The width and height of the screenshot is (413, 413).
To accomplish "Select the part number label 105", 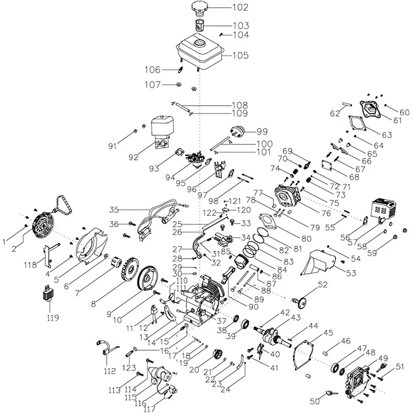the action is [x=241, y=55].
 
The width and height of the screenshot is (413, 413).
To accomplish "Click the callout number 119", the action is [x=53, y=317].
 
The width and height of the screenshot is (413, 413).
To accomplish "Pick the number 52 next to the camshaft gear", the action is [x=323, y=285].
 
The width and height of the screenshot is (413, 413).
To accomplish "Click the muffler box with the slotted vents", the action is [x=384, y=210].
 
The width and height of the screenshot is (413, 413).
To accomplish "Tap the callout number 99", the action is [x=262, y=132].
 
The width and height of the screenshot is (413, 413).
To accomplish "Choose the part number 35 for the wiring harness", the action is [x=114, y=210].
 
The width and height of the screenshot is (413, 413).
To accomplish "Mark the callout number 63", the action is [x=387, y=135].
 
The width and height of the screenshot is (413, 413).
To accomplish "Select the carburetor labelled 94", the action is [x=196, y=159].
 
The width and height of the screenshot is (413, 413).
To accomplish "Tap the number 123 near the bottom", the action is [x=129, y=368].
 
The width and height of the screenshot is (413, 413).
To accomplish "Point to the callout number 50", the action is [x=315, y=401].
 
